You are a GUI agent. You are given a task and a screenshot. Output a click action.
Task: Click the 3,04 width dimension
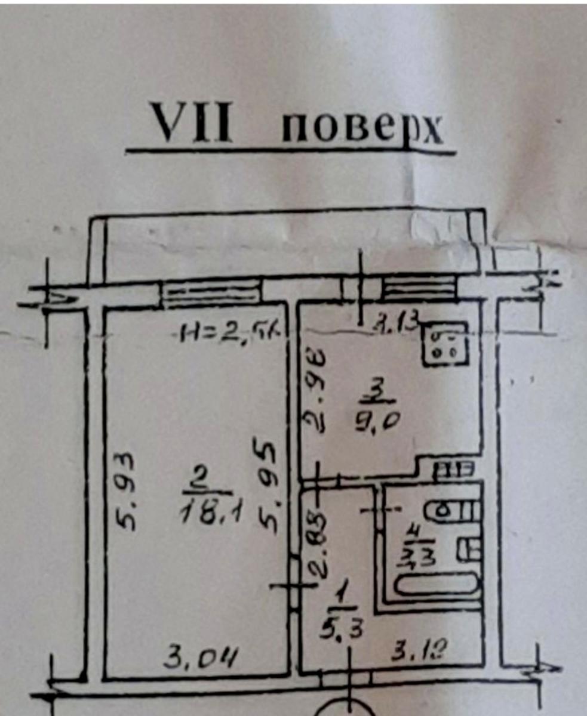[x=201, y=659]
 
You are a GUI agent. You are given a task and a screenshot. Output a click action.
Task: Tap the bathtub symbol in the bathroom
[x=438, y=584]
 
